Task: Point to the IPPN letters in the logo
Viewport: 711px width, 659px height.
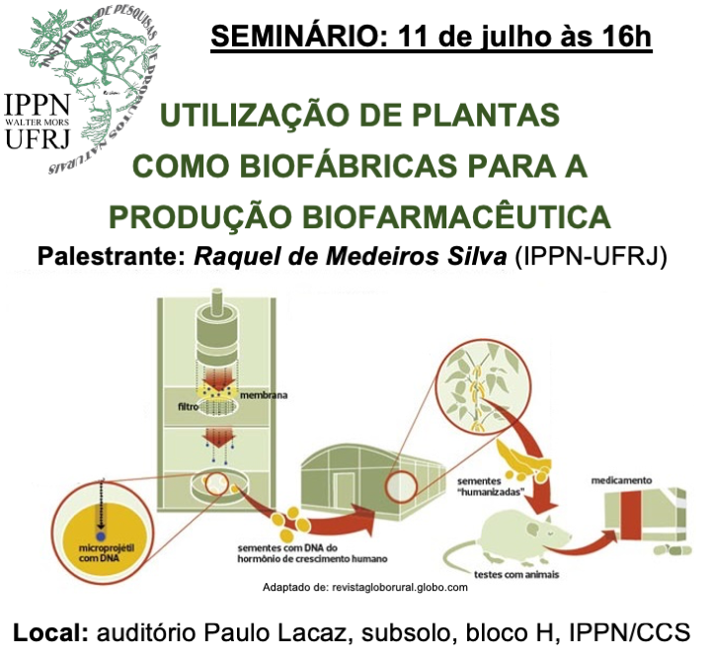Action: (38, 105)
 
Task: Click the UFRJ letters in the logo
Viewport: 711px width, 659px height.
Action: (38, 138)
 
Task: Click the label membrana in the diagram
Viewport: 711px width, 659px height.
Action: (264, 395)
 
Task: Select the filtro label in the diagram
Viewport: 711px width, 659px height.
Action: (189, 407)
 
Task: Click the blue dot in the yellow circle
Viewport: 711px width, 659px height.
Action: (101, 536)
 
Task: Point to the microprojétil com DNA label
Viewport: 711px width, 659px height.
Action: (106, 553)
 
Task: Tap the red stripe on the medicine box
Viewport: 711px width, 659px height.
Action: (631, 515)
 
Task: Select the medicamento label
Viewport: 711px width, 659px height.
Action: (621, 480)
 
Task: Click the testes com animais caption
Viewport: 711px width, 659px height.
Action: (516, 575)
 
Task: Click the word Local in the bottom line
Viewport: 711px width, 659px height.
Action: (50, 632)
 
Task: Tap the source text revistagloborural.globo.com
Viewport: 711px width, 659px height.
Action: (400, 587)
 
